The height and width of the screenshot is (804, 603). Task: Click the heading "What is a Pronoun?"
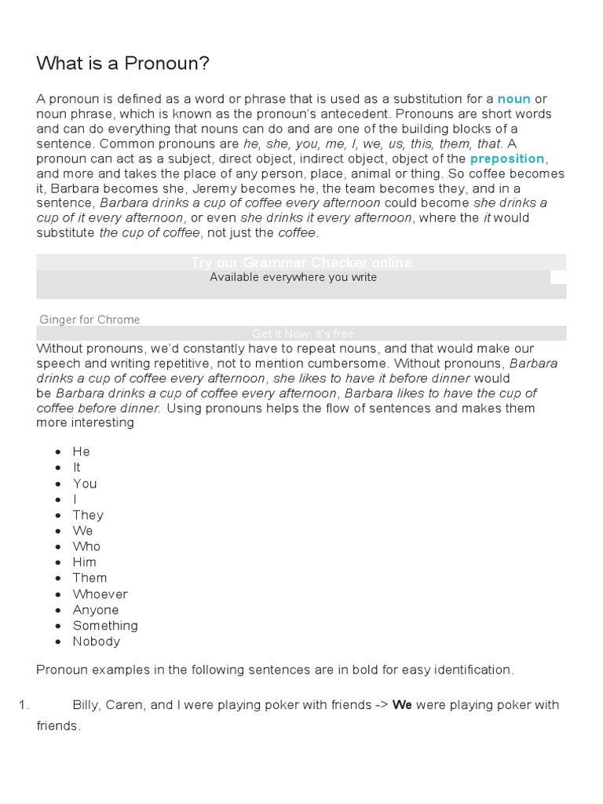coord(122,64)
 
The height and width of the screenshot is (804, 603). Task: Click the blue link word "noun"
coord(514,99)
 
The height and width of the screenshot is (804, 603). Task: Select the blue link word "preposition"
coord(506,159)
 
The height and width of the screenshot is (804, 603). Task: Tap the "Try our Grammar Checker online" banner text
coord(301,262)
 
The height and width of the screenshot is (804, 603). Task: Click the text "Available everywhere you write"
coord(293,277)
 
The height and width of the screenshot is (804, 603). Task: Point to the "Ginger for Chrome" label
coord(90,320)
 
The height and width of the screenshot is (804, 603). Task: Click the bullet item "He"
coord(82,451)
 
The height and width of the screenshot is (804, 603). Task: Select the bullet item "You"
coord(85,484)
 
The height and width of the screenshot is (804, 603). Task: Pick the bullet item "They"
coord(88,515)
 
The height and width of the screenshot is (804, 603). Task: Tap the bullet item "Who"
coord(86,546)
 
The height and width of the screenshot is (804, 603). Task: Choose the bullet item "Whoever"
coord(100,594)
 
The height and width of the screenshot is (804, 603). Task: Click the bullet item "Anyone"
coord(96,610)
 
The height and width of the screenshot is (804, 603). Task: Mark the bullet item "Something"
coord(105,626)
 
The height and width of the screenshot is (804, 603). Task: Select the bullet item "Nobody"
coord(97,641)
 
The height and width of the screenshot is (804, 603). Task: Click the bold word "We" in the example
coord(402,705)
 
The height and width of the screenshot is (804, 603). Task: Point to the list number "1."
coord(24,705)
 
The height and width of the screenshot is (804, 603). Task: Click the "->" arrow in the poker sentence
coord(381,705)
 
